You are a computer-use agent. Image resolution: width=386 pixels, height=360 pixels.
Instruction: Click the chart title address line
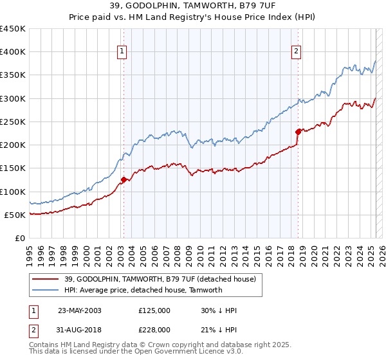193,6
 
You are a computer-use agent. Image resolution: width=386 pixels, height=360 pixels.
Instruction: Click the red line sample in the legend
45,279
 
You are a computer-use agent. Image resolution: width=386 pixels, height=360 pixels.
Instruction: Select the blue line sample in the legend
45,290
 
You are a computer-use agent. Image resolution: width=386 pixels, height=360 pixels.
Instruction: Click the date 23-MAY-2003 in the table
80,310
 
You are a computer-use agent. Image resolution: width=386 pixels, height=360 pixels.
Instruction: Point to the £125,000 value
154,310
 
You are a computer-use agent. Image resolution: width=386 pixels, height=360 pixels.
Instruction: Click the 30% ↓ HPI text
219,310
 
